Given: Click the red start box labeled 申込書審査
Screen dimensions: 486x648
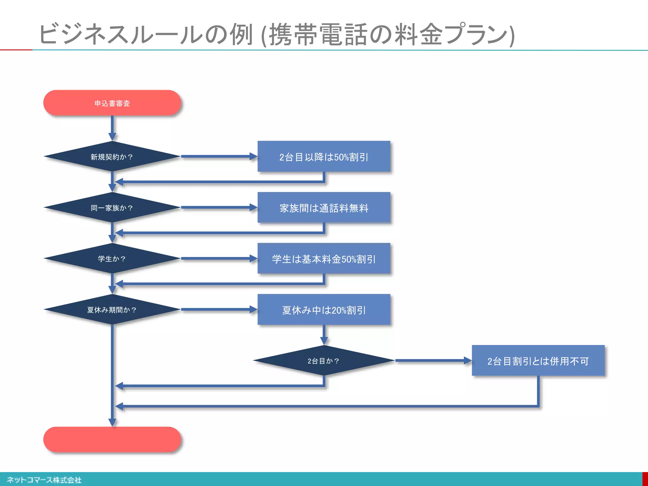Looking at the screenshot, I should (112, 103).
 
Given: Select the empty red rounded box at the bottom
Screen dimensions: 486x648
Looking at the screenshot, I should (112, 439).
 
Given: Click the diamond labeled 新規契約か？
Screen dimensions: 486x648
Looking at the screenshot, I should (112, 157).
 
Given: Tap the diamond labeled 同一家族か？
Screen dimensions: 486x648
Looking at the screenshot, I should (112, 208).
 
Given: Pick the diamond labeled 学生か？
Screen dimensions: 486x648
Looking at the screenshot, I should (112, 259).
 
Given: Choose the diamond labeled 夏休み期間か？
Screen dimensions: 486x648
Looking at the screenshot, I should (112, 309).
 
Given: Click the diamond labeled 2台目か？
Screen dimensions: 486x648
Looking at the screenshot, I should (324, 361).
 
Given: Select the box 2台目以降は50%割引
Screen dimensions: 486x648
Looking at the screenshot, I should (324, 157).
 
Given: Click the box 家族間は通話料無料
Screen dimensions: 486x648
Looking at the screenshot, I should (324, 208).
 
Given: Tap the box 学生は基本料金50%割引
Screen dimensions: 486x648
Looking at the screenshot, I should (324, 259).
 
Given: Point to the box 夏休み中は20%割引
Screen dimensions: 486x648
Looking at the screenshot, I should (324, 309).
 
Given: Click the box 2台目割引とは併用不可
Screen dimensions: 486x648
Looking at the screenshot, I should (538, 361).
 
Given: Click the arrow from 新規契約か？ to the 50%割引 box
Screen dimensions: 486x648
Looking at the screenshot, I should (218, 156).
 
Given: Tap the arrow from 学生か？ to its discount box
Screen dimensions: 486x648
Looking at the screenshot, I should (218, 259).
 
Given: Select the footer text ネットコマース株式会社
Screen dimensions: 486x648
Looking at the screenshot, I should (44, 480).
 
